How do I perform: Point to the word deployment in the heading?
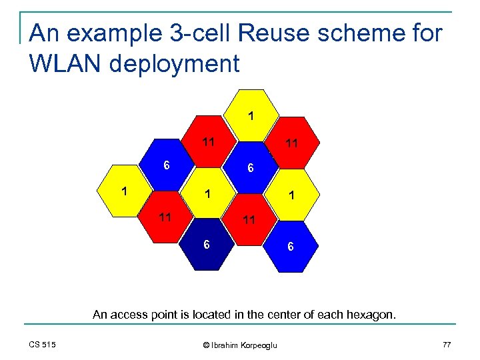[x=177, y=65]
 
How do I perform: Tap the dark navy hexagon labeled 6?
[x=209, y=244]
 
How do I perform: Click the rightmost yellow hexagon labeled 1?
[x=291, y=195]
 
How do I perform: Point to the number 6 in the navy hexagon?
[x=207, y=245]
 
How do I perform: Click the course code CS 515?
[x=43, y=344]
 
